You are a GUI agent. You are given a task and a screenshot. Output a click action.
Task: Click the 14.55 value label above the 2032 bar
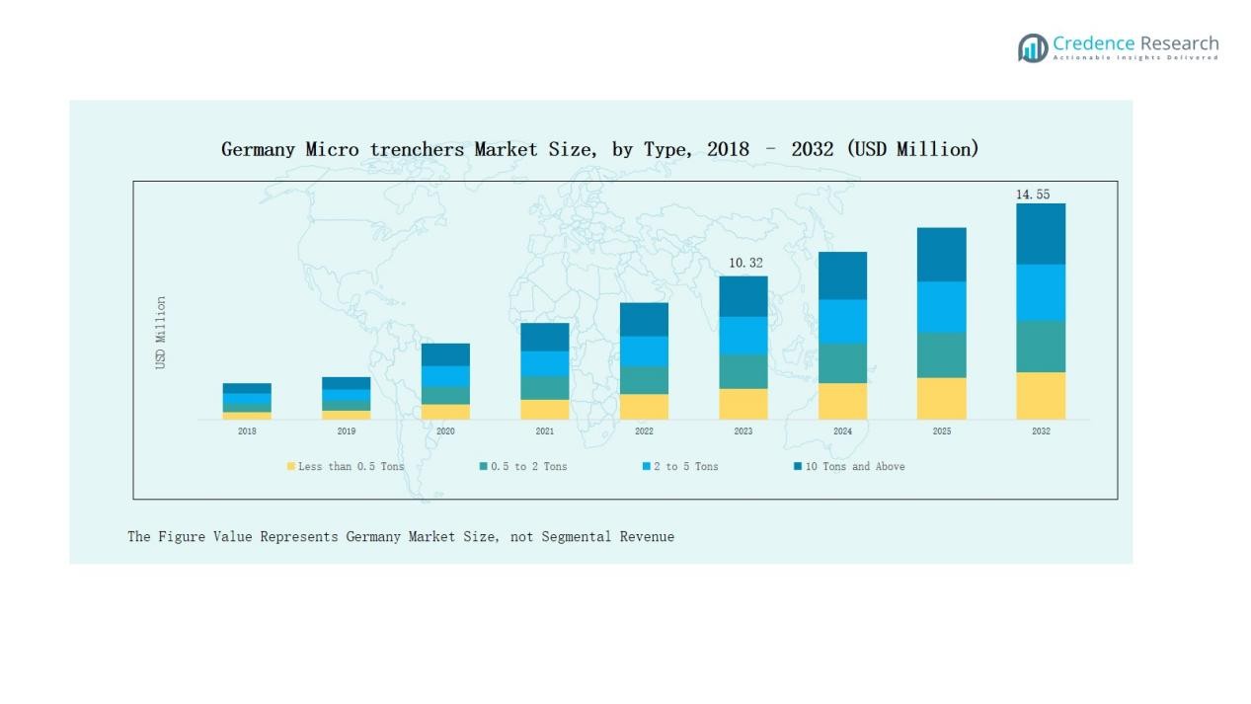[1033, 195]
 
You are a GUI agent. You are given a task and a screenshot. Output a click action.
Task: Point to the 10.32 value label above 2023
[745, 264]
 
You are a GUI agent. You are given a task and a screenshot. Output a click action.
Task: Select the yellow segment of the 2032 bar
[1041, 396]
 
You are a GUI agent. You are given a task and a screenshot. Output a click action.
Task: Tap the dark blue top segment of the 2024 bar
[842, 275]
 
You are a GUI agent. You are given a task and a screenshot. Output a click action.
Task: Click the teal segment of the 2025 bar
[942, 354]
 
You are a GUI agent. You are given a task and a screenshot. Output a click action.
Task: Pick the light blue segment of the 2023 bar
[743, 336]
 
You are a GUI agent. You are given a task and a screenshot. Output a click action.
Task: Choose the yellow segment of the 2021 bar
[545, 410]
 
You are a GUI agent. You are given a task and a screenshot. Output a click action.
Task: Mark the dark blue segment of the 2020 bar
[445, 354]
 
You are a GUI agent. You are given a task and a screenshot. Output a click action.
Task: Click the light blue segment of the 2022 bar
[644, 352]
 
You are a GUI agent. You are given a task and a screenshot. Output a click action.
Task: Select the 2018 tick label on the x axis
[247, 431]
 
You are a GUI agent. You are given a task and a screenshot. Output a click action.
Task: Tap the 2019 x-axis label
[347, 431]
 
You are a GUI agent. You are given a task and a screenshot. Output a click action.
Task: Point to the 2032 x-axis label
[1041, 431]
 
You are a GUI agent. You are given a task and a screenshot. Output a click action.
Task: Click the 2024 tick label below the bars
[842, 431]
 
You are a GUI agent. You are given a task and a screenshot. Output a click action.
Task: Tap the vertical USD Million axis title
[161, 333]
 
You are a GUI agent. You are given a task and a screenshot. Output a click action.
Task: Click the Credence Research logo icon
[1033, 47]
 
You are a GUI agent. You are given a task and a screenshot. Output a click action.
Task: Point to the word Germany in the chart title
[258, 149]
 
